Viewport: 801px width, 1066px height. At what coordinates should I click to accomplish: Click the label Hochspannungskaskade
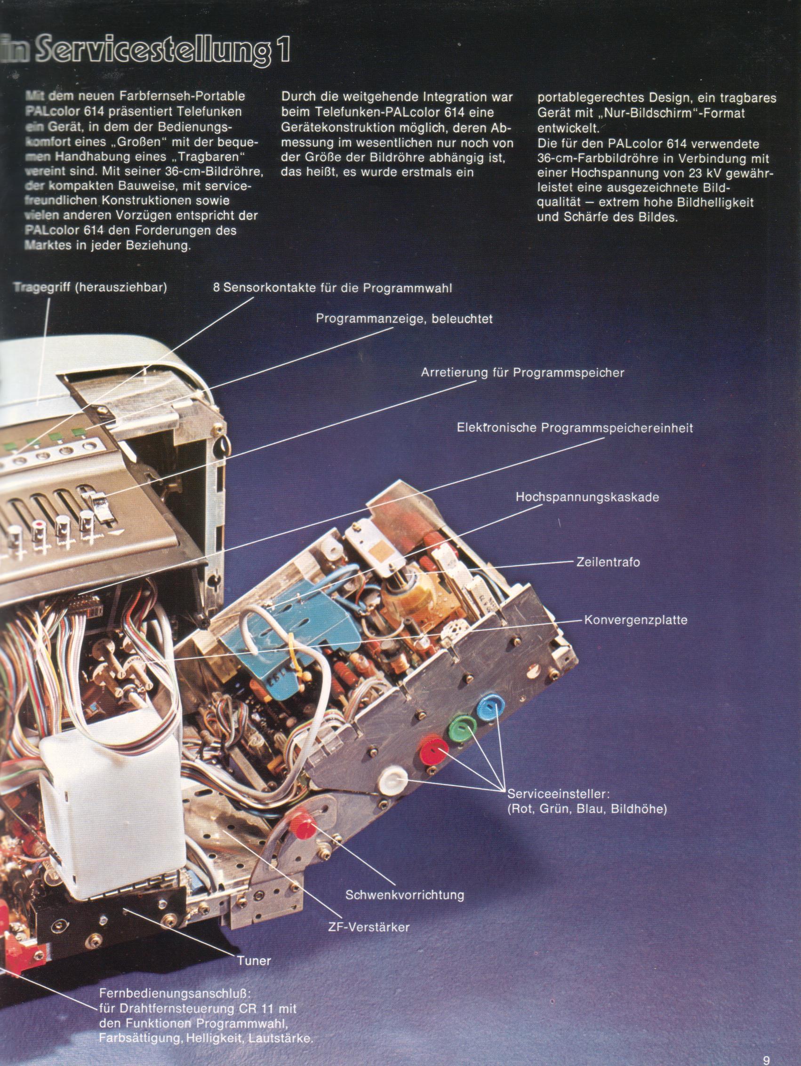(587, 497)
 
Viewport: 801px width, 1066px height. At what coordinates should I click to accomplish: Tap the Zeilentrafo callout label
(608, 562)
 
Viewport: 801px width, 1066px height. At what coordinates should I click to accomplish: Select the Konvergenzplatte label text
(636, 620)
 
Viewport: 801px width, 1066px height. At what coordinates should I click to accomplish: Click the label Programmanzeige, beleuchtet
(404, 319)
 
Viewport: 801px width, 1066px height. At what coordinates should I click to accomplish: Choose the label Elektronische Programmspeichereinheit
(575, 427)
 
